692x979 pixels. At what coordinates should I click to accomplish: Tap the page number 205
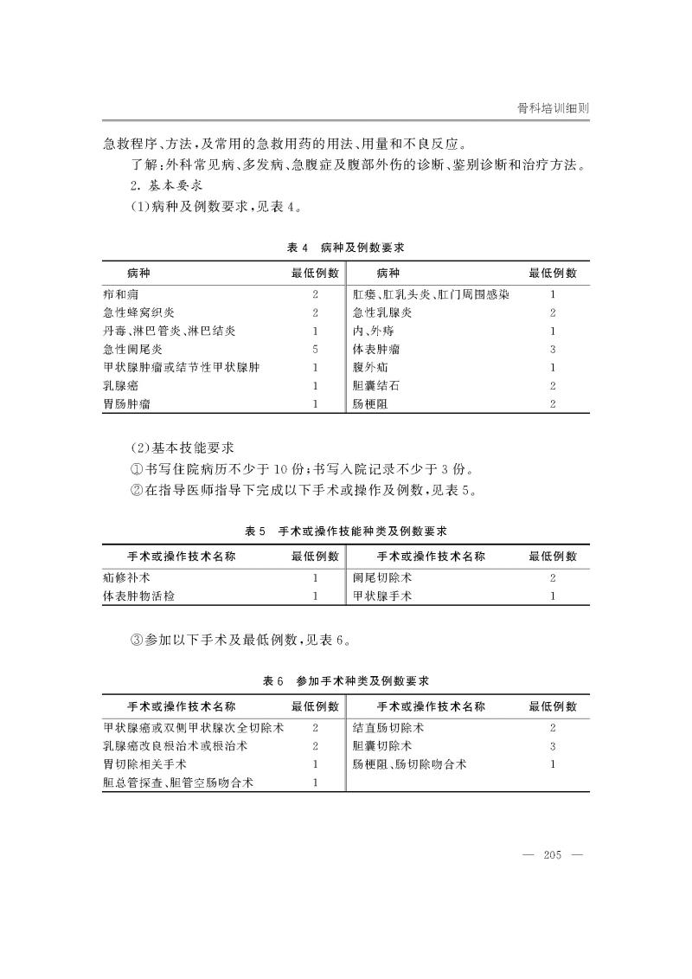point(553,855)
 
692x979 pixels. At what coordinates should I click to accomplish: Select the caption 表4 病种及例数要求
point(346,248)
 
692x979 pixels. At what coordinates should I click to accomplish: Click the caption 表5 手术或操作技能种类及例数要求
point(346,530)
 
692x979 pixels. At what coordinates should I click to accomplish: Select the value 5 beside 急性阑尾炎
point(316,349)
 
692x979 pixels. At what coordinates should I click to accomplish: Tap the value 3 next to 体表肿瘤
point(553,349)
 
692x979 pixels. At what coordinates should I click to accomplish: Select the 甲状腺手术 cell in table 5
point(382,596)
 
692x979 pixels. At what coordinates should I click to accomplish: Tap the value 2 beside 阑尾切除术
point(553,577)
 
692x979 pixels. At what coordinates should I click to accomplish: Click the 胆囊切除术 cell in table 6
point(382,746)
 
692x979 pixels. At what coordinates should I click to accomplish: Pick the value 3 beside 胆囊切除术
point(553,746)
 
